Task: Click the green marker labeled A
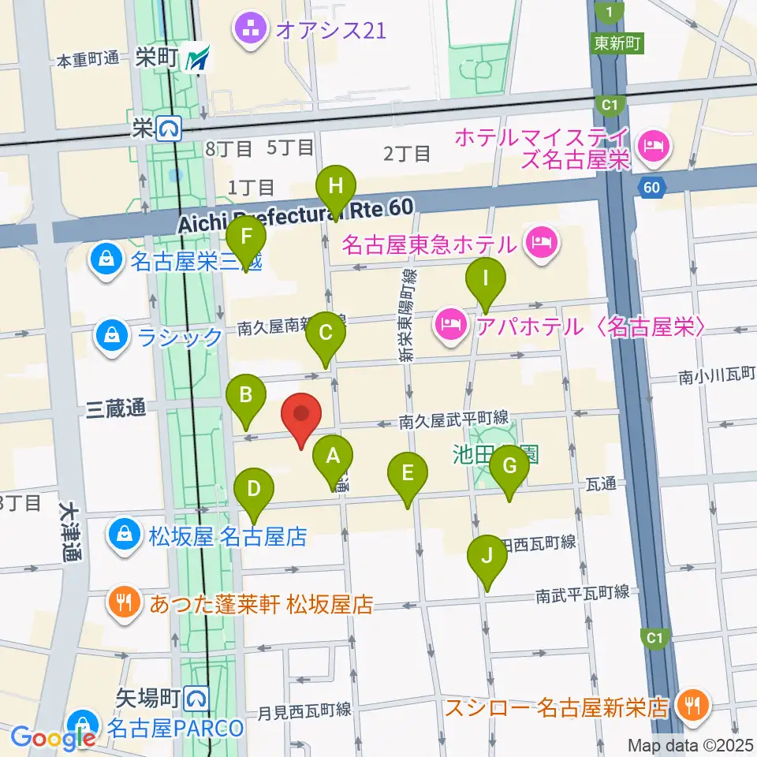(333, 456)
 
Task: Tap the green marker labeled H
(336, 187)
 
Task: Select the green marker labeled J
(487, 556)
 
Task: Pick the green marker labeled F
(246, 237)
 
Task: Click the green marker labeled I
(486, 279)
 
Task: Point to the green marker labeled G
(509, 466)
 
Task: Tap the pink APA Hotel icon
(450, 326)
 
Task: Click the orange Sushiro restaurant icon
(693, 704)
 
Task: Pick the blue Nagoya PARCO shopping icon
(82, 723)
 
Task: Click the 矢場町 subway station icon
(196, 697)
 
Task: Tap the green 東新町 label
(617, 43)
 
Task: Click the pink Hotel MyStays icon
(654, 144)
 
